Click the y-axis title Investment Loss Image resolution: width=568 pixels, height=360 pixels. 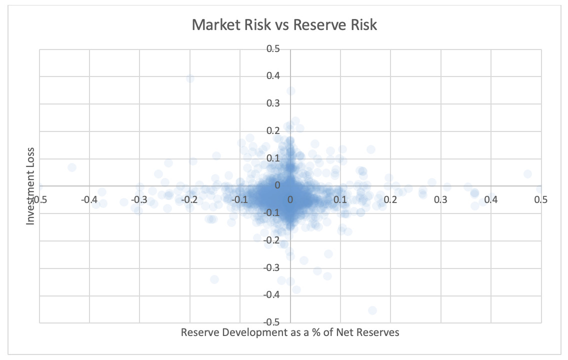point(31,185)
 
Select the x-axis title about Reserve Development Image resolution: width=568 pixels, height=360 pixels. point(290,332)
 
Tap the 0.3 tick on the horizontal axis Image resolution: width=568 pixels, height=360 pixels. point(440,199)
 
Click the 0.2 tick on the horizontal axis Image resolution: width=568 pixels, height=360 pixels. point(390,199)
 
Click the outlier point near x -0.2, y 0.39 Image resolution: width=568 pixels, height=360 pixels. point(190,78)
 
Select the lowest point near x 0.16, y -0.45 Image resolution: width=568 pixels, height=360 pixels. point(372,310)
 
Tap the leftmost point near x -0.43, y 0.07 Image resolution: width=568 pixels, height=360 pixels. point(72,167)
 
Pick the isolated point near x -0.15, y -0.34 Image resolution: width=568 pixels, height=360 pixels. point(214,279)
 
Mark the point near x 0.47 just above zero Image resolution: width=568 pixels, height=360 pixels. point(527,174)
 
